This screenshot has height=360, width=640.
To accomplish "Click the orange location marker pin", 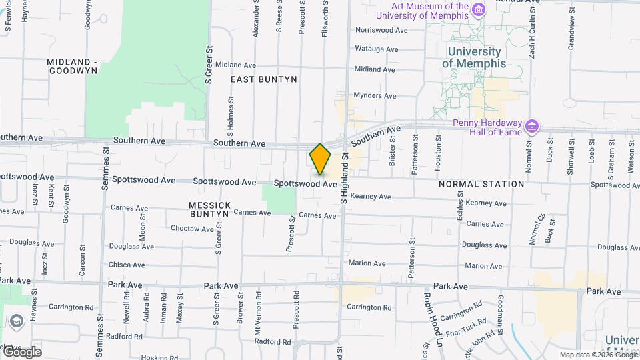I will [x=320, y=159].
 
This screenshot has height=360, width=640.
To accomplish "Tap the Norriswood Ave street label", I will [x=381, y=30].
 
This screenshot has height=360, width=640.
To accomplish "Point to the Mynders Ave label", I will [x=375, y=95].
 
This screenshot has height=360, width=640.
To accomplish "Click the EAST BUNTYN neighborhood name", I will [x=263, y=79].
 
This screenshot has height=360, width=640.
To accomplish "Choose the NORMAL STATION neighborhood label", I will [x=481, y=184].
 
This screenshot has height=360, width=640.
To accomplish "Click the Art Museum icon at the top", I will [x=478, y=10].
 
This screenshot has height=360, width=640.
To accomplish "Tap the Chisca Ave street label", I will [x=127, y=265].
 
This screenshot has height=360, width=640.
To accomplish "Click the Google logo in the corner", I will [x=21, y=352].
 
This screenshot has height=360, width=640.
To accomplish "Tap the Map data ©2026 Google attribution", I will [x=598, y=355].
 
